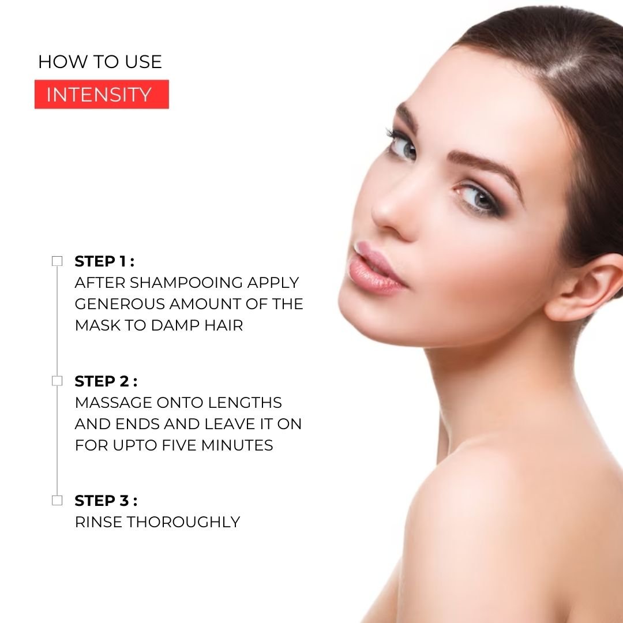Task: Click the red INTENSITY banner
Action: pyautogui.click(x=102, y=94)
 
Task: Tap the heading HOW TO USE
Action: pyautogui.click(x=100, y=62)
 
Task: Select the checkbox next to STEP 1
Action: pyautogui.click(x=57, y=261)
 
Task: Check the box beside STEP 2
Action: pyautogui.click(x=57, y=381)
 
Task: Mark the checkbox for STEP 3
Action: pyautogui.click(x=57, y=500)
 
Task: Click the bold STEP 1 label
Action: pyautogui.click(x=104, y=261)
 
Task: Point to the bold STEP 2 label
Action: pyautogui.click(x=106, y=381)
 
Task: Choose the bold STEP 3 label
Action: pyautogui.click(x=106, y=501)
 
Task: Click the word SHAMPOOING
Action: pyautogui.click(x=186, y=283)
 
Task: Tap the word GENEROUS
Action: pyautogui.click(x=119, y=304)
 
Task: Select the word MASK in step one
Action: pyautogui.click(x=97, y=325)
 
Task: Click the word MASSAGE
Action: pyautogui.click(x=113, y=403)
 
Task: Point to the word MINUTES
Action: pyautogui.click(x=237, y=445)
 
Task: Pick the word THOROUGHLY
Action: pyautogui.click(x=183, y=522)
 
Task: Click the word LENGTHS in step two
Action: pyautogui.click(x=245, y=403)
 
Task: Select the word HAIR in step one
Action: pyautogui.click(x=223, y=325)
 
